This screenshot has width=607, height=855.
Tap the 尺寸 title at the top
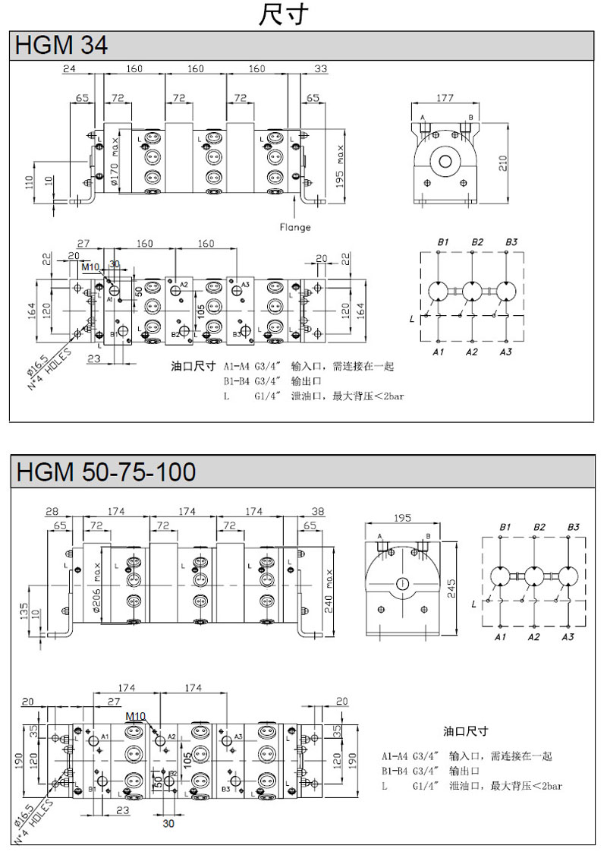[283, 15]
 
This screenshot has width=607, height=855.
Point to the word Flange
[295, 226]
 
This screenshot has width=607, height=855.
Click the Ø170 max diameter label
[115, 162]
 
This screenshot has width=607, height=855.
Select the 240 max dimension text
[330, 587]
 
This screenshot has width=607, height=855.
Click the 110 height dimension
[30, 182]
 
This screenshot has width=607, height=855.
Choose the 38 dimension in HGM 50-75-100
[317, 512]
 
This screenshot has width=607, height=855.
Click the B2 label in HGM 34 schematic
[476, 242]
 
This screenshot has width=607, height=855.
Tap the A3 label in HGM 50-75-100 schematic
[568, 636]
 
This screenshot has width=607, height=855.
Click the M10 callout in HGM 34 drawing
[90, 267]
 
